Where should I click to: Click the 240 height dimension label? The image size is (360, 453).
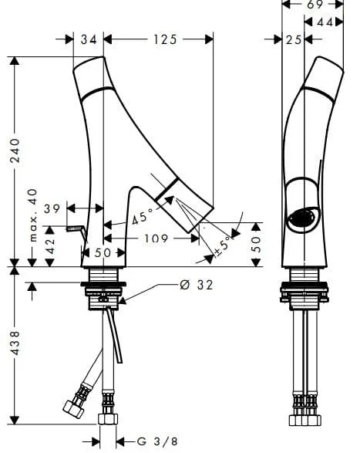click(x=15, y=150)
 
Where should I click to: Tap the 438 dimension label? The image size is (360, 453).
click(x=15, y=343)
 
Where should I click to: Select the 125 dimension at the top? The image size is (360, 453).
click(x=165, y=39)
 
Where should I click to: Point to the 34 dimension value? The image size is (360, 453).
click(x=89, y=39)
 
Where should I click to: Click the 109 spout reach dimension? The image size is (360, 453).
click(x=156, y=238)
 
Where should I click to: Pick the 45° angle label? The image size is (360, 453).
click(x=143, y=217)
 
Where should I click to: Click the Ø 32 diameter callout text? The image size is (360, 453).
click(x=197, y=285)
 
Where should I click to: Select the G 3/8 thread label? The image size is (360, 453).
click(x=157, y=441)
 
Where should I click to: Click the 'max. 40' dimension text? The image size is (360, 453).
click(x=33, y=215)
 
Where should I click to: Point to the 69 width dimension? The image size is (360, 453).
click(x=315, y=5)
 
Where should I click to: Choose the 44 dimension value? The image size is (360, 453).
click(x=325, y=22)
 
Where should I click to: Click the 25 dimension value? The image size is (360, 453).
click(x=293, y=40)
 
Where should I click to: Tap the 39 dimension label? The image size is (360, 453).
click(x=52, y=208)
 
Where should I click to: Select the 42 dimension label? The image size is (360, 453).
click(x=51, y=246)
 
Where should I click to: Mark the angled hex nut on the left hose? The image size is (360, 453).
click(x=72, y=408)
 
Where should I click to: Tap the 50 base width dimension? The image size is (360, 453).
click(x=103, y=253)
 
